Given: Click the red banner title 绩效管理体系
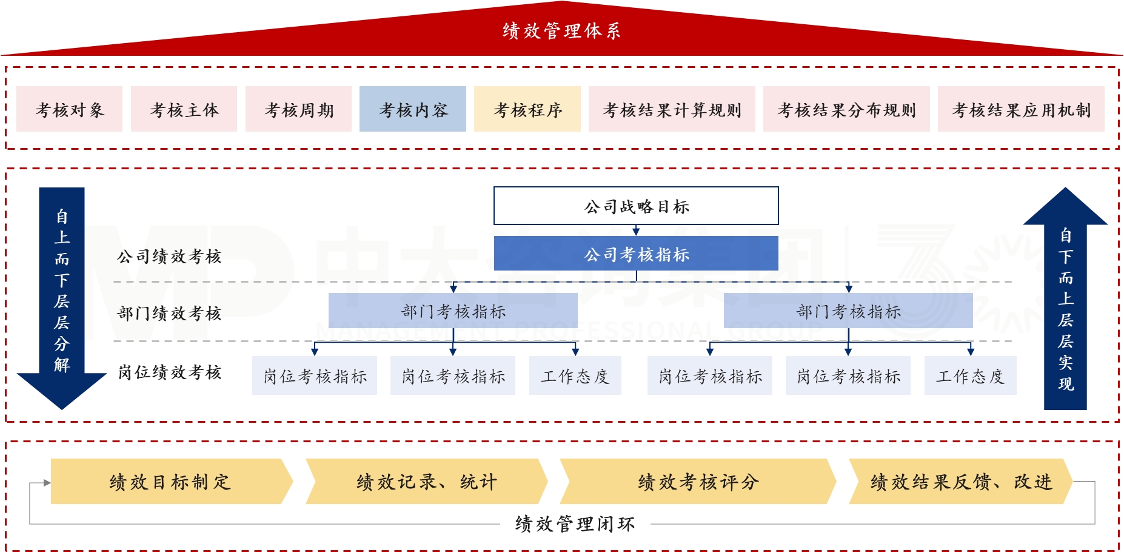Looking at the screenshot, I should [x=561, y=31].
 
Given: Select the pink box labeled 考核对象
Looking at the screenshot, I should [x=69, y=109].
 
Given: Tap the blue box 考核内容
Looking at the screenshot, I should [x=413, y=109].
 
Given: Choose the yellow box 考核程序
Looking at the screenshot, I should [x=527, y=109].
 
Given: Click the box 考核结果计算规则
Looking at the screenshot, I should [x=672, y=109].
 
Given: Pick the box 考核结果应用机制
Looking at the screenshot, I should [x=1021, y=109].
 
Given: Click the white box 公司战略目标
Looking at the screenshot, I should [x=636, y=206].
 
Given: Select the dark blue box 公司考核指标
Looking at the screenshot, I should [x=636, y=254].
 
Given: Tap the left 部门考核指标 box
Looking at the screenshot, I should [x=453, y=311].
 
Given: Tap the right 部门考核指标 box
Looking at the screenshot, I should [x=848, y=311].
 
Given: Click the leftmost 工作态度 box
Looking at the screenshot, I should [x=575, y=376].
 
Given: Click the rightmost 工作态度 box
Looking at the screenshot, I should [x=970, y=376].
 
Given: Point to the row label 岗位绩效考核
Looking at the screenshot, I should [x=170, y=372].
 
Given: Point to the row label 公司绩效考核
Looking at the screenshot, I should [x=170, y=256].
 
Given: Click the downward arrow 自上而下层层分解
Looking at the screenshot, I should [x=62, y=291].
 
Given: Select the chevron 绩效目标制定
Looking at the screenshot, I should [x=170, y=482].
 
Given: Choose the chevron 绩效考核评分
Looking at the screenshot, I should [x=698, y=482].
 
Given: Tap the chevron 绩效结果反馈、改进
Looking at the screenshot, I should [x=961, y=482].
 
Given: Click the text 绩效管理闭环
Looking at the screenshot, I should [x=575, y=523].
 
